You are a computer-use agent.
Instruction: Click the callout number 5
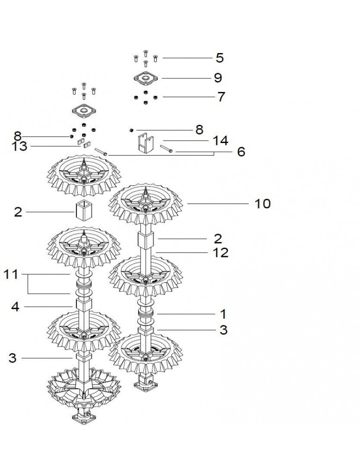(220, 58)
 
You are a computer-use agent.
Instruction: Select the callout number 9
(218, 78)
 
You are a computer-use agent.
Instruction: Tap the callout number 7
(221, 97)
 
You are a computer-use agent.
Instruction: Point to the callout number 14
(221, 141)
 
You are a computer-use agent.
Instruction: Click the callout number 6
(241, 152)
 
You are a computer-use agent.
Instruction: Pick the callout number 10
(263, 204)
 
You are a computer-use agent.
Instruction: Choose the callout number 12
(221, 253)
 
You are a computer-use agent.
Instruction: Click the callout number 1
(223, 314)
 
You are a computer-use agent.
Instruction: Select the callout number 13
(19, 146)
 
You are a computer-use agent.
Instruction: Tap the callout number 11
(11, 274)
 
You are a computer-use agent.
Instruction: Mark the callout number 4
(15, 307)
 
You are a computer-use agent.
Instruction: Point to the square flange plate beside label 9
(146, 78)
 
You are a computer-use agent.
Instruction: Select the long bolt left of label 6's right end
(166, 149)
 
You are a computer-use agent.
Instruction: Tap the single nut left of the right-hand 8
(131, 130)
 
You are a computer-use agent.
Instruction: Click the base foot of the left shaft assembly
(84, 416)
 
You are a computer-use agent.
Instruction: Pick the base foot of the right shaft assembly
(146, 385)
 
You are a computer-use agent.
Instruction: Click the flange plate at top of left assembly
(84, 110)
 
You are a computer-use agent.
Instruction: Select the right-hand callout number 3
(223, 330)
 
